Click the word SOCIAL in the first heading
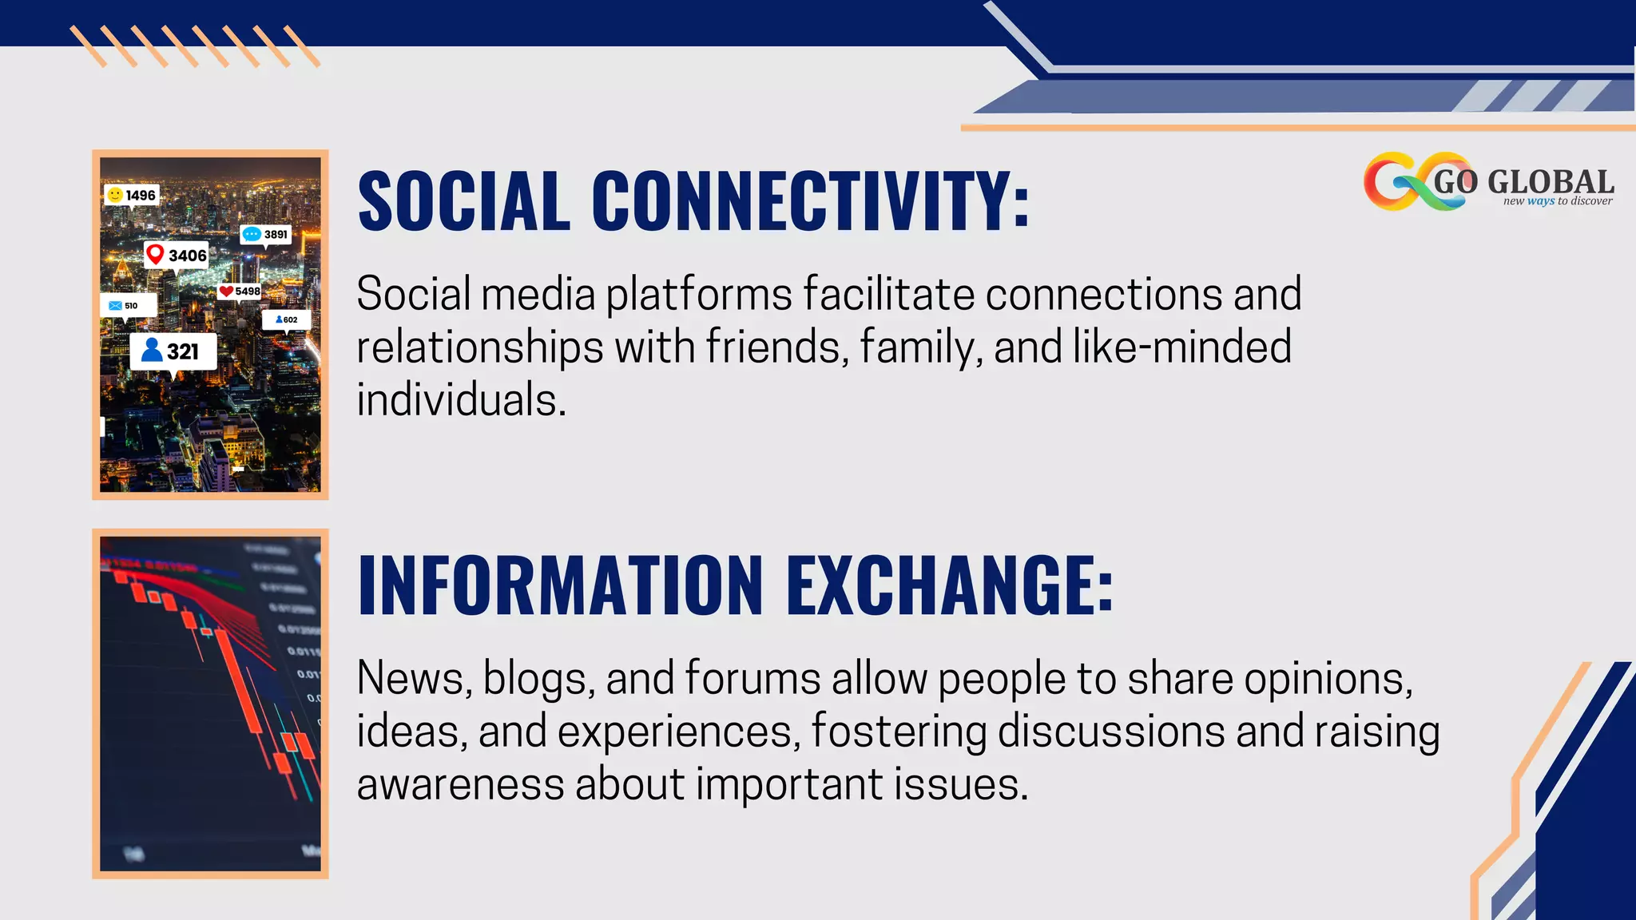coord(464,200)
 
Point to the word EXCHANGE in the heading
coord(950,585)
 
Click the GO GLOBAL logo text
coord(1523,181)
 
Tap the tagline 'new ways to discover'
coord(1558,201)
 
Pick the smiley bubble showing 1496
coord(132,195)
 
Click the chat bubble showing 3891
coord(265,234)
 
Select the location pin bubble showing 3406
coord(177,256)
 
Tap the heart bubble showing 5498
coord(240,291)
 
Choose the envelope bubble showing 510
coord(127,305)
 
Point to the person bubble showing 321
coord(173,351)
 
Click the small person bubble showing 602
coord(286,319)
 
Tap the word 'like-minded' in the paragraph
coord(1181,347)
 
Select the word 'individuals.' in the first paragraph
coord(461,399)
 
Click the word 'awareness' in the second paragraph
coord(460,784)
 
